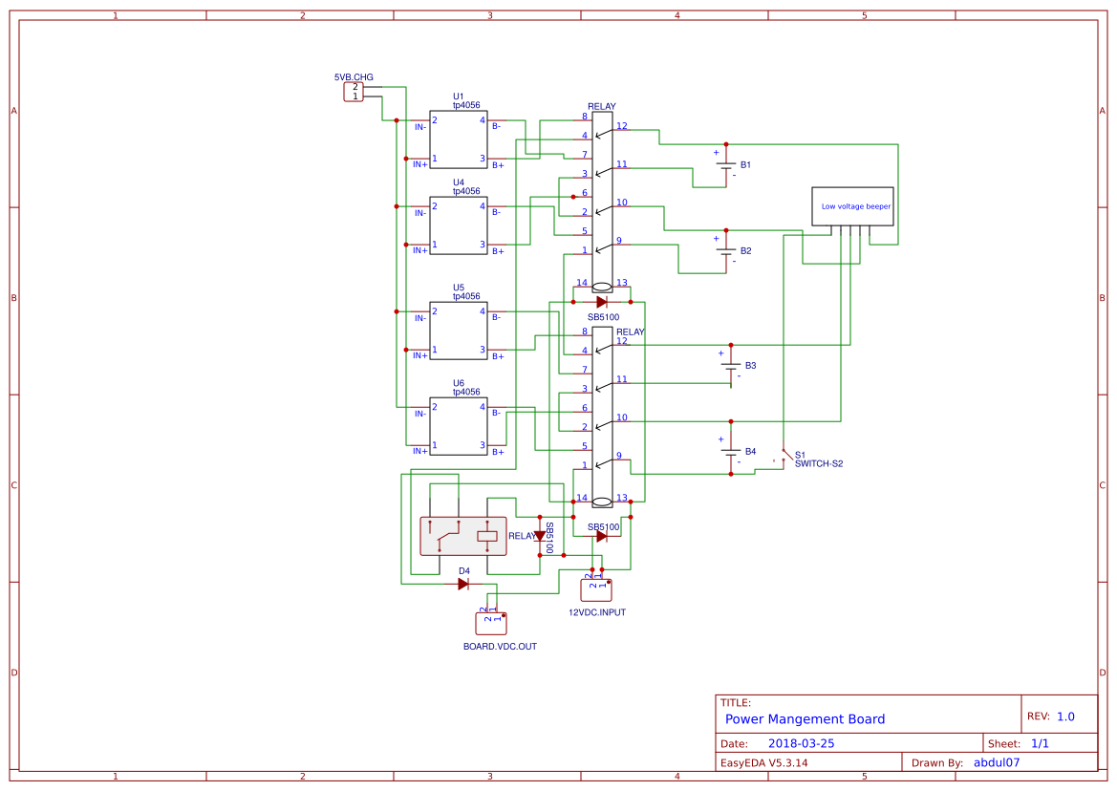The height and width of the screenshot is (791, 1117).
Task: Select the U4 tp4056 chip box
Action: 459,225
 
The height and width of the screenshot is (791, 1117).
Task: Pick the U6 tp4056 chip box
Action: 459,426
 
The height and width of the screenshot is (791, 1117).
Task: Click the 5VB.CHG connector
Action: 354,92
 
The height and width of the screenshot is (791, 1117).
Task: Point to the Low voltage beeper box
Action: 852,206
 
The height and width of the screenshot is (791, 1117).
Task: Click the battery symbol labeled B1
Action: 726,165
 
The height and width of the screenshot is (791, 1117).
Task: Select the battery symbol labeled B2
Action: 726,250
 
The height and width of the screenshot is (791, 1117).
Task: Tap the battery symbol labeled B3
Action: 731,366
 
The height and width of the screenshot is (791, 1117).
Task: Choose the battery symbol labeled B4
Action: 731,451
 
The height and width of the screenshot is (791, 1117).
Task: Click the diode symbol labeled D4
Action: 463,584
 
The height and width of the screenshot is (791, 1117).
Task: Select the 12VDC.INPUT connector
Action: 596,589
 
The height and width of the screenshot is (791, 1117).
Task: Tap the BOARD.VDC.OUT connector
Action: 491,623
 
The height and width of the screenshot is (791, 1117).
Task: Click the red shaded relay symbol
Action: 463,536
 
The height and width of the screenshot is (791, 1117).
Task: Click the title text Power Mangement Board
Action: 805,719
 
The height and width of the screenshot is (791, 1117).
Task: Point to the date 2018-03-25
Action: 801,743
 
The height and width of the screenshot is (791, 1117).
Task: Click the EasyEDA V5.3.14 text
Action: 763,762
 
